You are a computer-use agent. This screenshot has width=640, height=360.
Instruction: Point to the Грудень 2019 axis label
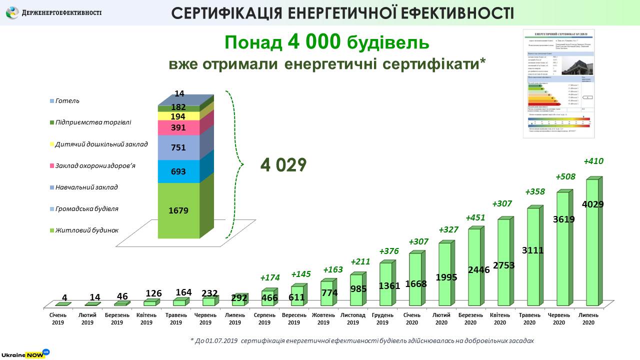coord(382,318)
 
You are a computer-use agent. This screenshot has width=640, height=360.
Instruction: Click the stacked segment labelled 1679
coord(178,210)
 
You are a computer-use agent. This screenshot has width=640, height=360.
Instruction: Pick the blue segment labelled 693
coord(178,171)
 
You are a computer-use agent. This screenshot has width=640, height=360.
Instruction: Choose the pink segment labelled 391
coord(178,127)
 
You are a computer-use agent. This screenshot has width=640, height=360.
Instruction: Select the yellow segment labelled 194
coord(178,116)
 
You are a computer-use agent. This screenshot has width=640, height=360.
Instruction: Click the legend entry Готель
coord(67,101)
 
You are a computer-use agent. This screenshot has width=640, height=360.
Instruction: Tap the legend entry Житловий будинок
coord(87,230)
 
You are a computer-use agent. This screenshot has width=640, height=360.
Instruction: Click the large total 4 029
coord(283,165)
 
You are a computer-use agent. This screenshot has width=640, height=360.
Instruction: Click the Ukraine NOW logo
coord(24,353)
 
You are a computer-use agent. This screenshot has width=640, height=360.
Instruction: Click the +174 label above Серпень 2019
coord(270,277)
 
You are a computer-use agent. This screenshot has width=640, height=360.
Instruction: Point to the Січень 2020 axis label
coord(412,318)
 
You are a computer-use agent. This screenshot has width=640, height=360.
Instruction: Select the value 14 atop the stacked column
coord(178,93)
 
